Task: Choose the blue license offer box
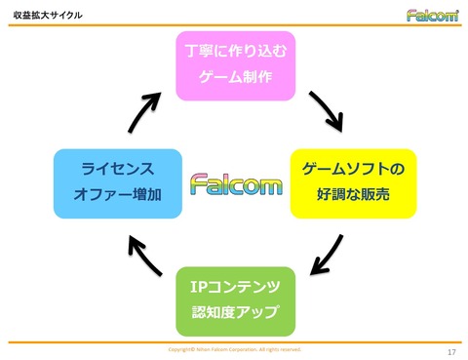click(x=118, y=182)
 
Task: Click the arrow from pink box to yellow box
click(x=325, y=111)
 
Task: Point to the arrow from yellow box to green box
click(x=326, y=255)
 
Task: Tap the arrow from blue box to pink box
click(x=147, y=109)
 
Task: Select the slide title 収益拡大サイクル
click(x=48, y=16)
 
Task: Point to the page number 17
click(x=450, y=351)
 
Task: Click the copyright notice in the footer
click(x=235, y=348)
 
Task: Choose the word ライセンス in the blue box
click(x=118, y=169)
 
